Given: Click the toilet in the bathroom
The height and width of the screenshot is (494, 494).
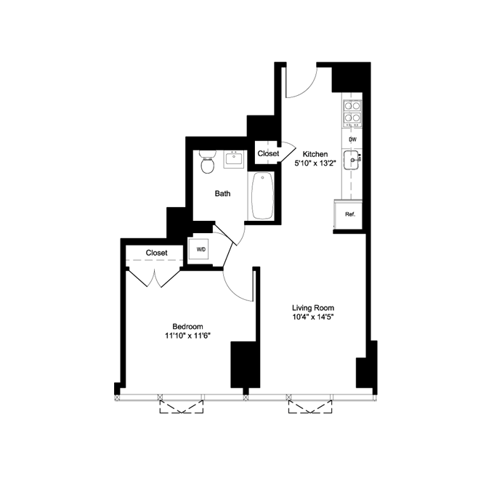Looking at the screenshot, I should (208, 163).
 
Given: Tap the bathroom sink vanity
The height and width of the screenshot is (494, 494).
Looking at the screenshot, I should (234, 158).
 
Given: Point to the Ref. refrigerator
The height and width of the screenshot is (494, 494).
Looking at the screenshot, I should (349, 214).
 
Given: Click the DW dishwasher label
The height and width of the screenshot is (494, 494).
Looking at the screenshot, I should (352, 139).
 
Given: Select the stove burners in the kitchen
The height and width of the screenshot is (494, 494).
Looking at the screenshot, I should (352, 110).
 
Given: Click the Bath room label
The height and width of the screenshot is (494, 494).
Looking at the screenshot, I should (222, 194).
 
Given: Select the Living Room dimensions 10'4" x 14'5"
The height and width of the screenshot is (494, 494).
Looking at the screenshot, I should (312, 317).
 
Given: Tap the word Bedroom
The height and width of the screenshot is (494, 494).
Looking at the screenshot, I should (187, 325).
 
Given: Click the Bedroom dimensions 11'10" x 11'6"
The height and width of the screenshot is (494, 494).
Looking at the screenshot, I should (187, 336).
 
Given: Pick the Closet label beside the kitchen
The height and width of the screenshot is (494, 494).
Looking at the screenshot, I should (268, 154).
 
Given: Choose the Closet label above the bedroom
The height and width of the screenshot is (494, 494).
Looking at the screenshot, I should (156, 253).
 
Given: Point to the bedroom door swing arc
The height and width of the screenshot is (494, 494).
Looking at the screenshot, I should (238, 283).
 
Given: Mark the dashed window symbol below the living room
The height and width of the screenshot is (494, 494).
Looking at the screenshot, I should (311, 405).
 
